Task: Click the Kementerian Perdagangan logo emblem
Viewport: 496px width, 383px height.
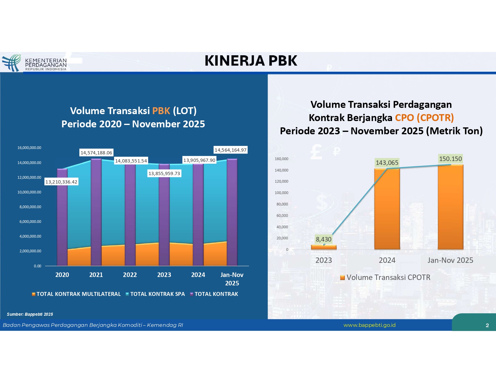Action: point(11,62)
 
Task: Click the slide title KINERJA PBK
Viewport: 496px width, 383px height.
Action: point(251,61)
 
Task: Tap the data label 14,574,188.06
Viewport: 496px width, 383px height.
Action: point(96,153)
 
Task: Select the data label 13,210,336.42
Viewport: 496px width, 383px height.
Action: point(61,182)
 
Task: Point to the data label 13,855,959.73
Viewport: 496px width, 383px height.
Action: point(164,173)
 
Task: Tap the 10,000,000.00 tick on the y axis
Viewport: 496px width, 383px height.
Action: point(29,192)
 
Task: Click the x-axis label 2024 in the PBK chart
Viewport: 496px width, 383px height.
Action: point(198,275)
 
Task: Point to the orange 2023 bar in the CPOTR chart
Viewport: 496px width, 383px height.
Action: point(324,247)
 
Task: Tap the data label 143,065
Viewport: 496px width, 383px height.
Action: point(387,163)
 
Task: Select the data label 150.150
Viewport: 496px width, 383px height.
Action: point(450,159)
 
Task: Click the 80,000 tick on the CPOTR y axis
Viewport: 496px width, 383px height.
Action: point(282,204)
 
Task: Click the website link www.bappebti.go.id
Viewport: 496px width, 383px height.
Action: point(369,325)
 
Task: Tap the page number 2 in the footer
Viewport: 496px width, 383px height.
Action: point(487,325)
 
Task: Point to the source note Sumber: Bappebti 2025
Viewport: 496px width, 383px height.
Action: point(30,314)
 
